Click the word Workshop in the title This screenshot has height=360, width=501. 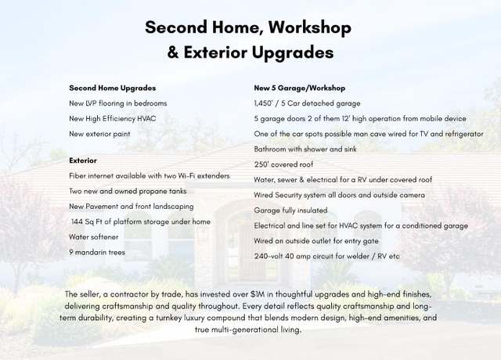[x=310, y=27]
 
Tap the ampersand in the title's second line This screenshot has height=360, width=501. [x=173, y=52]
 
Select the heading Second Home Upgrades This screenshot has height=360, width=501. [x=113, y=88]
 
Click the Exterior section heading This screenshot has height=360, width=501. [x=83, y=160]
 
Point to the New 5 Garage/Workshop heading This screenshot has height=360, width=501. [x=299, y=88]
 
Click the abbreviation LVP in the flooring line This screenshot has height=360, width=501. [x=91, y=103]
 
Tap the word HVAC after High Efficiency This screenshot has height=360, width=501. [x=146, y=119]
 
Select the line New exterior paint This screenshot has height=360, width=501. [x=99, y=134]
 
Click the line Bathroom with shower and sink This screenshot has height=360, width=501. [x=305, y=149]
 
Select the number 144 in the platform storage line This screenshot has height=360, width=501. [x=77, y=221]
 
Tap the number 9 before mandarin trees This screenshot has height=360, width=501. [x=71, y=252]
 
